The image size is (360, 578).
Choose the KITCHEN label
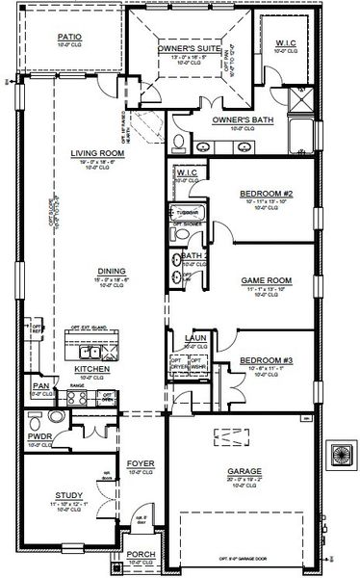click(x=91, y=369)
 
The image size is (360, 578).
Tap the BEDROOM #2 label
click(x=259, y=194)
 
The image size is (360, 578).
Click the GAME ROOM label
click(x=260, y=280)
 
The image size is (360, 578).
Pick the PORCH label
click(x=141, y=554)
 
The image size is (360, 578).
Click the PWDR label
click(x=40, y=436)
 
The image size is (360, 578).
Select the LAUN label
click(x=193, y=339)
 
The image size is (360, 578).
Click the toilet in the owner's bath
click(x=180, y=142)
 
